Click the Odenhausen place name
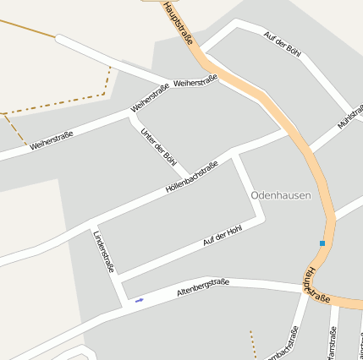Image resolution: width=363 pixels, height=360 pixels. click(281, 194)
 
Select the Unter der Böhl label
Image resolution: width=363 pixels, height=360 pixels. click(159, 145)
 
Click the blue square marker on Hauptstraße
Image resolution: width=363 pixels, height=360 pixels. click(322, 243)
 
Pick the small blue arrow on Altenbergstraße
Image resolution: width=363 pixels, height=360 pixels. click(139, 299)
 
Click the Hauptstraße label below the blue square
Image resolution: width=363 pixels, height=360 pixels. click(318, 286)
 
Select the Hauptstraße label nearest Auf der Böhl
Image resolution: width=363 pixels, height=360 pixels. click(179, 21)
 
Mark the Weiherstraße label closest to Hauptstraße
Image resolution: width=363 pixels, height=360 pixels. click(195, 81)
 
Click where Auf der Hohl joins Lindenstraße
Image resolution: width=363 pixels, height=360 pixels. click(118, 276)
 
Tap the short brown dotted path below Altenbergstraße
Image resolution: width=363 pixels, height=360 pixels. click(252, 344)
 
